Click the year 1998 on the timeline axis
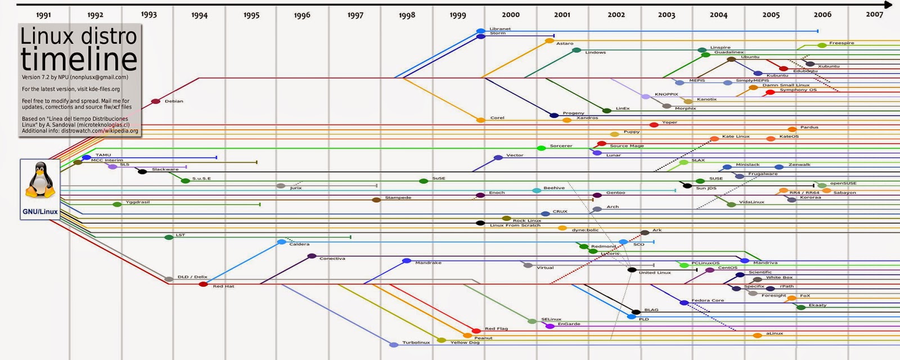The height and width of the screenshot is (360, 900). (407, 15)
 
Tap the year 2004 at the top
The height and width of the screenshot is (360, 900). (718, 15)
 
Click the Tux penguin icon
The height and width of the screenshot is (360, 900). (40, 180)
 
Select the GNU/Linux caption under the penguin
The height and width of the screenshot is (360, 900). (40, 212)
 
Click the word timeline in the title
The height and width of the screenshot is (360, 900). (79, 60)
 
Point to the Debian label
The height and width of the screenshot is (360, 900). (174, 101)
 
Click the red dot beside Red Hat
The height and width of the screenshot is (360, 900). (203, 284)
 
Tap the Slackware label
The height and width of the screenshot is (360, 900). (165, 169)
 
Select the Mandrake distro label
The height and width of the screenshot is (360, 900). (428, 263)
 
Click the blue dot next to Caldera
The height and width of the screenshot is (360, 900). (282, 242)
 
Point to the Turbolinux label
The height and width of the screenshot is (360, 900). (416, 343)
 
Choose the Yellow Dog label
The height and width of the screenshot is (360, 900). (465, 343)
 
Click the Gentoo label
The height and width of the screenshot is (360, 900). (615, 193)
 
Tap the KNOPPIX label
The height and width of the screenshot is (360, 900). (666, 94)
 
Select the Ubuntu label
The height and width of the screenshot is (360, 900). (750, 57)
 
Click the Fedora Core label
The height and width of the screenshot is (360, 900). (708, 300)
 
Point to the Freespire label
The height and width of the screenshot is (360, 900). (841, 43)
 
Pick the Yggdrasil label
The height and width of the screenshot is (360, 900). (137, 202)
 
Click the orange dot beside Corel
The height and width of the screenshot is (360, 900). (480, 120)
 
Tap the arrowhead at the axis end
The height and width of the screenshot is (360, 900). (895, 4)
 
